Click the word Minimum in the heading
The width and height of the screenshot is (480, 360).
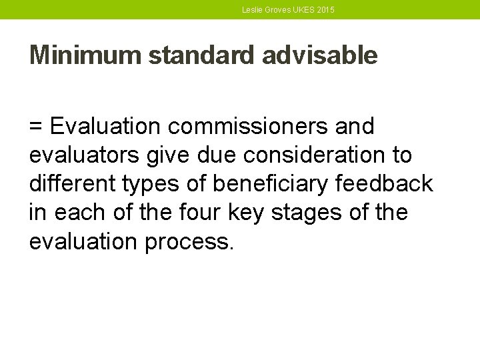coord(85,55)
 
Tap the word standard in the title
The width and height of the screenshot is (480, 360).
coord(202,55)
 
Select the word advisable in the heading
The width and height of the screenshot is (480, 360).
coord(320,55)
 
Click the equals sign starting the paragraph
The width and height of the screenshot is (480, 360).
coord(36,126)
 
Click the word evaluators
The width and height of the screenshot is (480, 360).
coord(83,155)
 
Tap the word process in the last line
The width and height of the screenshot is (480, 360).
coord(189,242)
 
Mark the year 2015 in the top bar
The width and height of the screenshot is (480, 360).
coord(325,10)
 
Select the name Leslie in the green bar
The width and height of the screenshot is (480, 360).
coord(252,10)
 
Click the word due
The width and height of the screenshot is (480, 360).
coord(218,155)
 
